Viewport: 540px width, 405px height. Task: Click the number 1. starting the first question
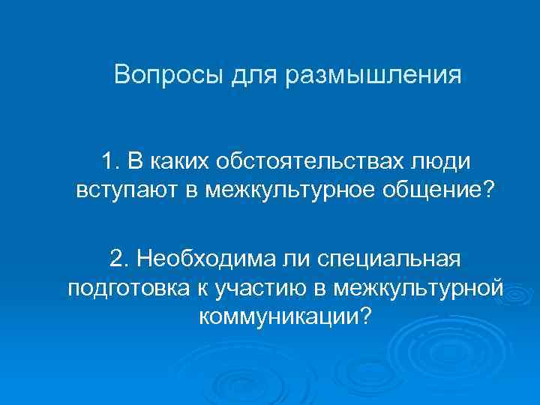(112, 160)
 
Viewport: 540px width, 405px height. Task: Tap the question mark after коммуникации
(365, 315)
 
